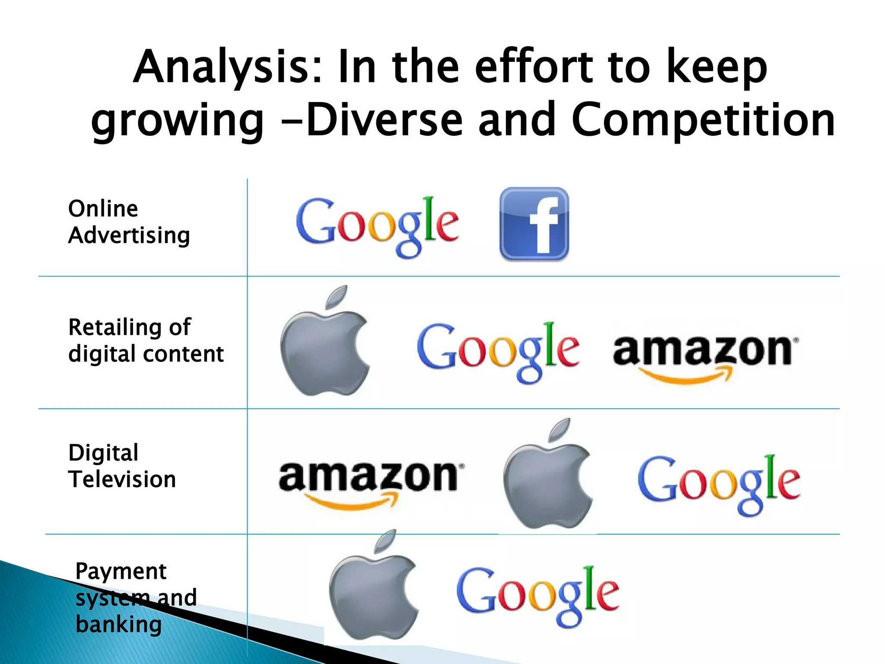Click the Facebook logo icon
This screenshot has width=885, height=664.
[x=534, y=223]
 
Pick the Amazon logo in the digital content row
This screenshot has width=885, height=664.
[x=705, y=355]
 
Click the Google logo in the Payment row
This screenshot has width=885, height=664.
[x=538, y=595]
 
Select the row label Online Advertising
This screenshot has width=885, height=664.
[x=129, y=222]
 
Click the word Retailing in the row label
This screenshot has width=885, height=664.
[x=115, y=327]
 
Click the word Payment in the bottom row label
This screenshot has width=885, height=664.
[x=121, y=571]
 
